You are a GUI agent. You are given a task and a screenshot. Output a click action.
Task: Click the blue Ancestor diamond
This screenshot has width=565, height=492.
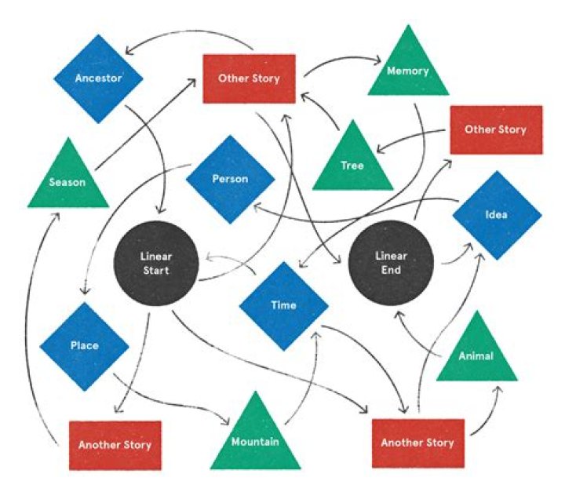(99, 78)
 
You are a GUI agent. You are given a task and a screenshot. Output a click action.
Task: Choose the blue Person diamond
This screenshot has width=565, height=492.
(230, 179)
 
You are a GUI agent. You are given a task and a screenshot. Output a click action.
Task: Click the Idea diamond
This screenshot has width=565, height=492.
(497, 214)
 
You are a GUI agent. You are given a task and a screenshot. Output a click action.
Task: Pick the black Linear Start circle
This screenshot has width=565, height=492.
(155, 263)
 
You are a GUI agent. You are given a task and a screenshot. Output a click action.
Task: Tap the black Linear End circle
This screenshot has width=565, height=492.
(391, 263)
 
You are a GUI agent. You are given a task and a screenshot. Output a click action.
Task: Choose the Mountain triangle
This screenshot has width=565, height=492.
(255, 439)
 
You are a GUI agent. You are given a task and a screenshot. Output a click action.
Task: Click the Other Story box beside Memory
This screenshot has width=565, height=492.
(250, 78)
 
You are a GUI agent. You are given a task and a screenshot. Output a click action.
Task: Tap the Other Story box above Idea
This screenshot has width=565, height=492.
(494, 129)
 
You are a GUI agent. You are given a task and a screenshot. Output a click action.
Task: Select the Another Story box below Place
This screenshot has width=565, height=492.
(115, 444)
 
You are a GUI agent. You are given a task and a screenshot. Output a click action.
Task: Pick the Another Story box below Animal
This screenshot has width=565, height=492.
(417, 443)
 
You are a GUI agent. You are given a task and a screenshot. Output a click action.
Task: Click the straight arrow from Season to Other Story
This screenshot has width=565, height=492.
(145, 126)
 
